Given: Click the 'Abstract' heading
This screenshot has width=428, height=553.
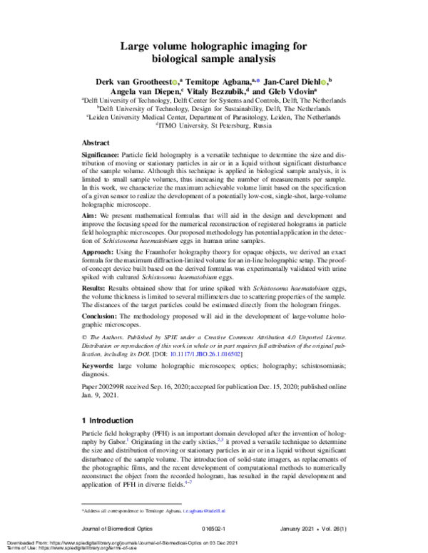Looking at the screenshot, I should pyautogui.click(x=96, y=143).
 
